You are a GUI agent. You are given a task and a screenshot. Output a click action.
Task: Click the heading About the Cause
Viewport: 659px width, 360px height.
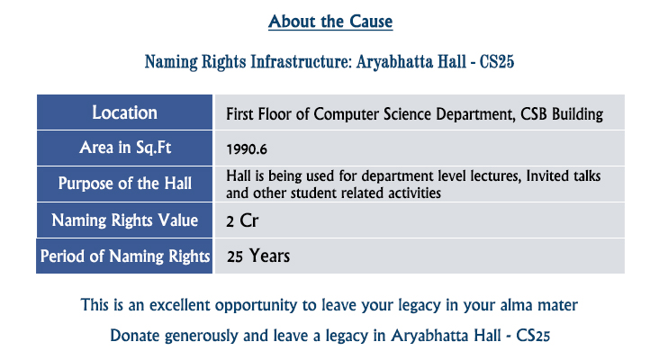click(330, 22)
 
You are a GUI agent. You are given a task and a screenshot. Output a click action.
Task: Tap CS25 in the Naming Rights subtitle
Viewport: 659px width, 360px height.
click(497, 62)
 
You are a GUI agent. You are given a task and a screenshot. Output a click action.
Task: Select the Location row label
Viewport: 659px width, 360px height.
click(125, 112)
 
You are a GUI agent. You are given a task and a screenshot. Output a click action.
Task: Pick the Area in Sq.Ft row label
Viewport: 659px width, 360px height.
click(125, 148)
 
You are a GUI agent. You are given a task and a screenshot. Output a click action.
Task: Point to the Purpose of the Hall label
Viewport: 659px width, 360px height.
click(125, 184)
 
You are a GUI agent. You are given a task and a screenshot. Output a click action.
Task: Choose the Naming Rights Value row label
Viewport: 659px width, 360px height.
click(125, 220)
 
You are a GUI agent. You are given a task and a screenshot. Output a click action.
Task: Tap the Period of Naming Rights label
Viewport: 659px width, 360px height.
click(125, 256)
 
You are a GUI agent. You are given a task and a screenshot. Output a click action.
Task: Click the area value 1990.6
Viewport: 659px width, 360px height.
click(247, 149)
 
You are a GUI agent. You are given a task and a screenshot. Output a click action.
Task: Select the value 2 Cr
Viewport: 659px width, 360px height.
click(242, 221)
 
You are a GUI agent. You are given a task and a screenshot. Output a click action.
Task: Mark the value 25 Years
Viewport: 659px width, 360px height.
click(258, 256)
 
